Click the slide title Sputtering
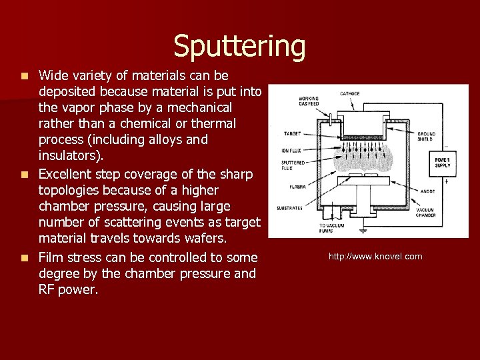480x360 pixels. pyautogui.click(x=239, y=46)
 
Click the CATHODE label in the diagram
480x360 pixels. pyautogui.click(x=350, y=93)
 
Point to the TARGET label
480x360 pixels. pyautogui.click(x=291, y=133)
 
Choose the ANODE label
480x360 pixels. pyautogui.click(x=427, y=191)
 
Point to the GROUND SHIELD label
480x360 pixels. pyautogui.click(x=426, y=136)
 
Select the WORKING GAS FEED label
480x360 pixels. pyautogui.click(x=309, y=101)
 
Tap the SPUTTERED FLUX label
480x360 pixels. pyautogui.click(x=293, y=165)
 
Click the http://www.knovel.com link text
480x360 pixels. pyautogui.click(x=375, y=257)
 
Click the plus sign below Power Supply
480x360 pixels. pyautogui.click(x=445, y=180)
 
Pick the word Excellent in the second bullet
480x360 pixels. pyautogui.click(x=65, y=175)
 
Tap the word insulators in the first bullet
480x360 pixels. pyautogui.click(x=70, y=156)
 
